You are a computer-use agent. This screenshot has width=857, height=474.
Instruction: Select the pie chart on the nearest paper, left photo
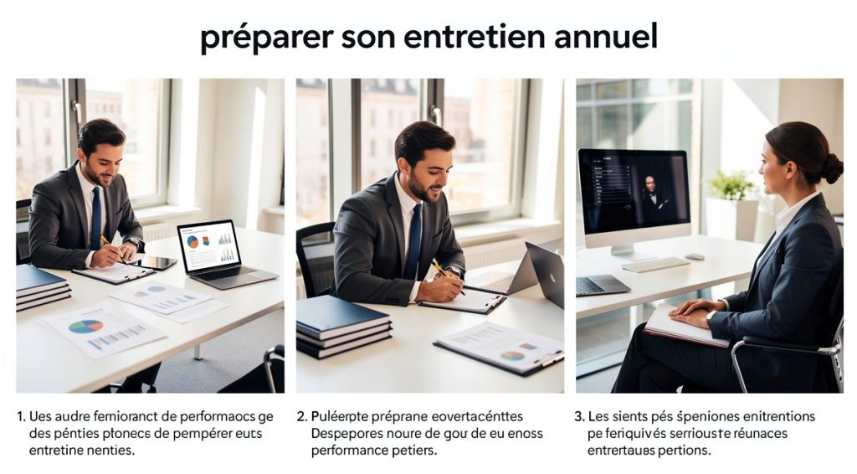[x=85, y=326]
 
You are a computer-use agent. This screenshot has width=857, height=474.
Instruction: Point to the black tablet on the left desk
[x=157, y=263]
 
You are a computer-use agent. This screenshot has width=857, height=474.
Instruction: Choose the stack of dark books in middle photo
[x=343, y=326]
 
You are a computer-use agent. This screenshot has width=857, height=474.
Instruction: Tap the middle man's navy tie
[x=413, y=241]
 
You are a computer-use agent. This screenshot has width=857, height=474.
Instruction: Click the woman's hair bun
[x=831, y=167]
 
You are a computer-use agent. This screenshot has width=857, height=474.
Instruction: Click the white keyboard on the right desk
[x=655, y=265]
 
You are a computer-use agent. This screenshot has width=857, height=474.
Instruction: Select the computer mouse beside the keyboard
[x=695, y=256]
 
